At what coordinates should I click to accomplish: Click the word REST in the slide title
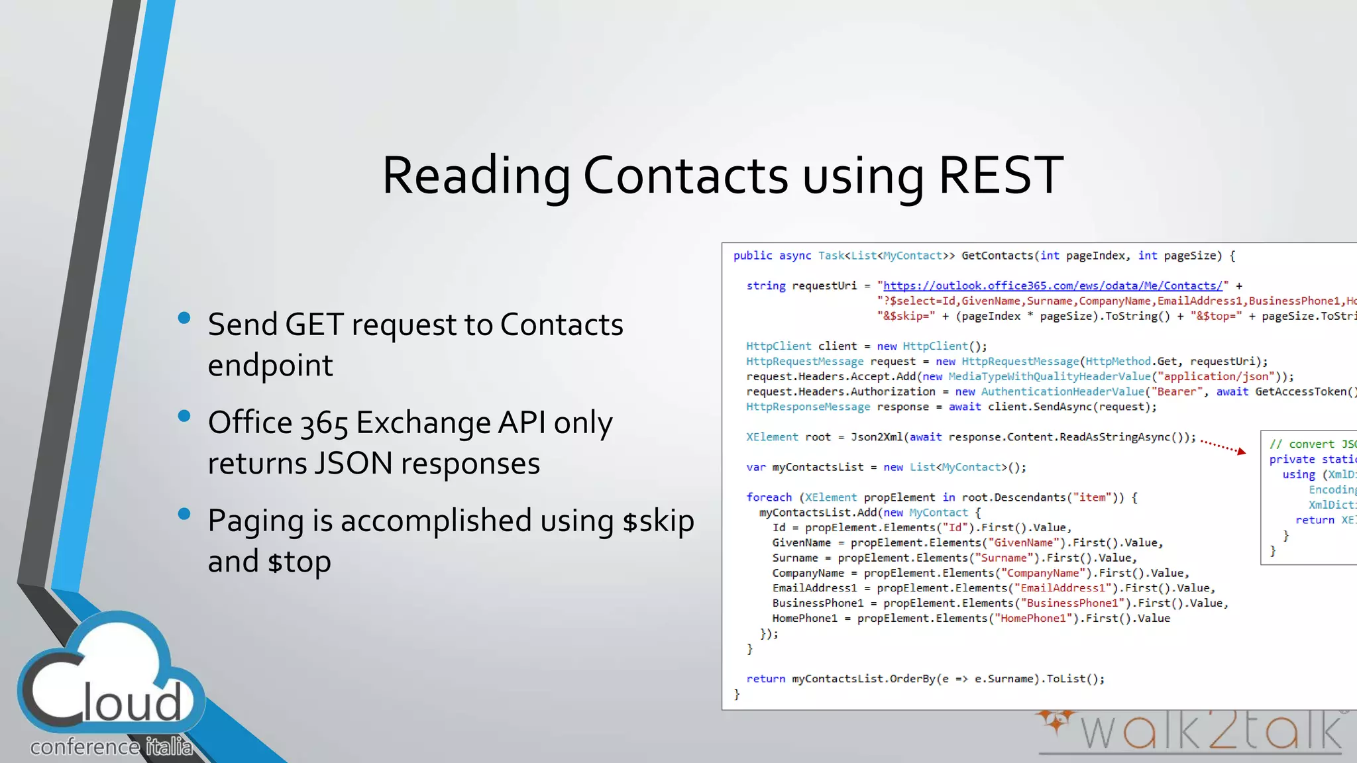point(1001,176)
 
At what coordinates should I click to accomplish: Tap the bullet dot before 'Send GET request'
point(184,319)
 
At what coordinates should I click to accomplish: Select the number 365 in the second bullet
point(324,424)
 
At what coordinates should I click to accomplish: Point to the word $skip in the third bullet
point(658,521)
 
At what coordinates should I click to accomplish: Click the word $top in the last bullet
point(299,562)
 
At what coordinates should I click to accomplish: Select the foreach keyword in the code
point(769,497)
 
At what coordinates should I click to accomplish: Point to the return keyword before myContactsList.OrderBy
point(765,679)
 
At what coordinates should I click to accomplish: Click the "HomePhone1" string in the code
point(1033,618)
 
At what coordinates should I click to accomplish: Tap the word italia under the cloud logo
point(169,747)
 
